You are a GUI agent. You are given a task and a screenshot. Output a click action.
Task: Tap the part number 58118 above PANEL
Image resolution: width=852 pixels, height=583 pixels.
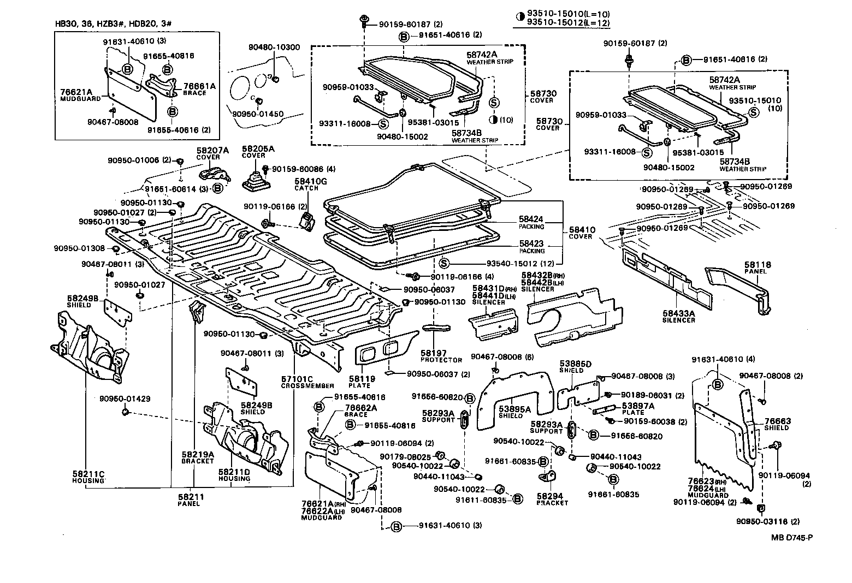[757, 265]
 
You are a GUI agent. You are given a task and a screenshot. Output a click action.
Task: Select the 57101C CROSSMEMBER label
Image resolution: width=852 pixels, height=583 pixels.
[297, 382]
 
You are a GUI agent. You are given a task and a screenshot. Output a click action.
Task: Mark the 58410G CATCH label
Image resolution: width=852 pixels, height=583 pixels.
[310, 184]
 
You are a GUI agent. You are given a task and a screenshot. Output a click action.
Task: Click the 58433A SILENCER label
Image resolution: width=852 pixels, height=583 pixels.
[679, 317]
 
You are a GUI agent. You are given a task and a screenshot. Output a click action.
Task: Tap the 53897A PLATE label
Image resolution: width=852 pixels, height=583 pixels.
[633, 409]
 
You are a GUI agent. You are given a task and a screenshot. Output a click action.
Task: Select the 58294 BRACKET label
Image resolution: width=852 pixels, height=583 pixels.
[552, 499]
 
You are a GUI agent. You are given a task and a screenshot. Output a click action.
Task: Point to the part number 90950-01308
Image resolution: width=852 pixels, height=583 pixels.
[79, 248]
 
